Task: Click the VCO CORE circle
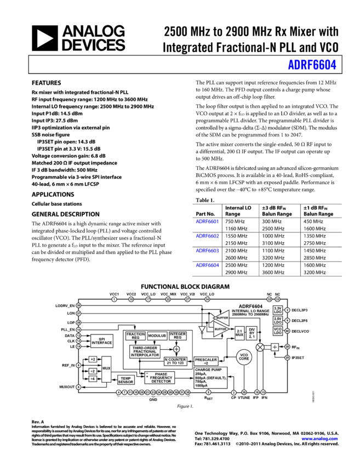[244, 357]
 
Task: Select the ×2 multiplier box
[93, 360]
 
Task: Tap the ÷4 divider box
[93, 379]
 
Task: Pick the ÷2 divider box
[93, 371]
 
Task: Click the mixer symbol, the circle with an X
[260, 347]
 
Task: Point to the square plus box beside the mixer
[275, 347]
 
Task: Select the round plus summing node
[176, 349]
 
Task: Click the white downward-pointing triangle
[202, 329]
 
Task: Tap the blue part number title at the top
[312, 65]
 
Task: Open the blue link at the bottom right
[319, 439]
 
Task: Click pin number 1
[114, 299]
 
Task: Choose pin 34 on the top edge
[207, 299]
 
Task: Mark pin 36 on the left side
[78, 305]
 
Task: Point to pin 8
[208, 393]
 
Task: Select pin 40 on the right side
[287, 331]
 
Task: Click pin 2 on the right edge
[287, 310]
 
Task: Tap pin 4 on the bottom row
[118, 393]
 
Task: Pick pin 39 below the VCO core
[244, 393]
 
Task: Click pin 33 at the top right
[277, 299]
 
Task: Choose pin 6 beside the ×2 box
[78, 365]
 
